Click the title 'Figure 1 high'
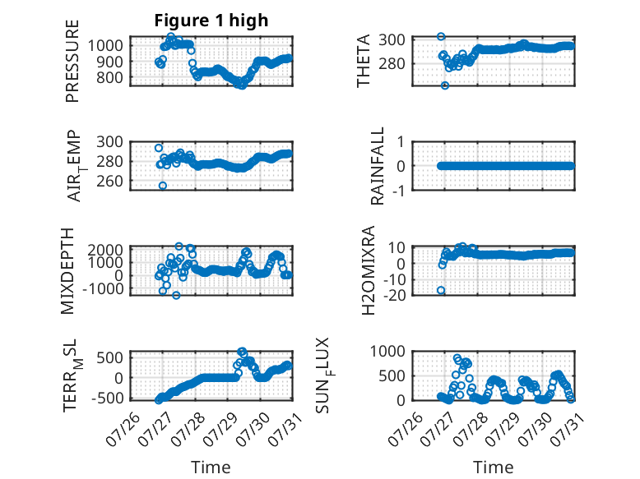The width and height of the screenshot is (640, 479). click(x=211, y=21)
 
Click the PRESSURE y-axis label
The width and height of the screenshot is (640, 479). click(x=72, y=61)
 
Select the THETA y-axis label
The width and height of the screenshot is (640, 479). click(x=363, y=61)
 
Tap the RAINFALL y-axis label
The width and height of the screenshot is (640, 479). click(x=377, y=166)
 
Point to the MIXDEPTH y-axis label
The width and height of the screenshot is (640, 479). click(x=67, y=271)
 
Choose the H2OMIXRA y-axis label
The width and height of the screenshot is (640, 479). click(x=369, y=270)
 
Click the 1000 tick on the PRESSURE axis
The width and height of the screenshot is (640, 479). click(x=105, y=45)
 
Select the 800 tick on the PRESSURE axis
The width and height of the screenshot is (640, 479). click(x=109, y=77)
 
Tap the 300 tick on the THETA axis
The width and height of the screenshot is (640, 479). click(x=392, y=40)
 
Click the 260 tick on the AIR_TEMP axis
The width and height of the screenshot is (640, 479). click(x=109, y=181)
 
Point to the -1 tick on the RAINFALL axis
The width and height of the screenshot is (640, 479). click(x=399, y=191)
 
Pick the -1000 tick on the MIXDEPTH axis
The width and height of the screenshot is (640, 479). click(x=103, y=288)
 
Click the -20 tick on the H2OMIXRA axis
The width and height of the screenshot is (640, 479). click(x=395, y=295)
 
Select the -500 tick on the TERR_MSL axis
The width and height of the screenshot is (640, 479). click(x=107, y=398)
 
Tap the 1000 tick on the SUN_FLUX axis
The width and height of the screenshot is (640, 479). click(x=387, y=351)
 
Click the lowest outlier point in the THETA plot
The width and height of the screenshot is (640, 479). click(x=445, y=85)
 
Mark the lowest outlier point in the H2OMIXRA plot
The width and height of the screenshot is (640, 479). click(x=441, y=290)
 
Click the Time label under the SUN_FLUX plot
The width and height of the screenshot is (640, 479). click(x=493, y=467)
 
